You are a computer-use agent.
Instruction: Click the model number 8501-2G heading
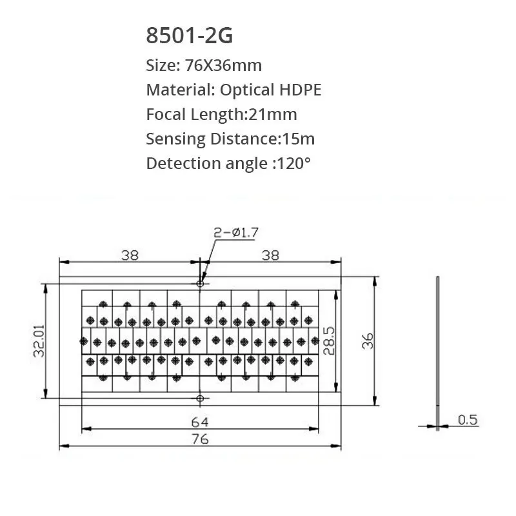(189, 35)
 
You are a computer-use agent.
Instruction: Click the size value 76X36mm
(223, 65)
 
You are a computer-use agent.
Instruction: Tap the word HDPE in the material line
(300, 90)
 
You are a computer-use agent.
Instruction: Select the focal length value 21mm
(273, 114)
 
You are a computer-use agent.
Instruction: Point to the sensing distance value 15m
(297, 139)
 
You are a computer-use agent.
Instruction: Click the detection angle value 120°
(293, 163)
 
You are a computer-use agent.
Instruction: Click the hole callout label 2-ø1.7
(236, 233)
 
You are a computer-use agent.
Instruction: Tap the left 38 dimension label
(130, 255)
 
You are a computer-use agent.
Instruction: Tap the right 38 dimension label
(270, 255)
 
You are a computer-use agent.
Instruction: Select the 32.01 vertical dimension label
(39, 341)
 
